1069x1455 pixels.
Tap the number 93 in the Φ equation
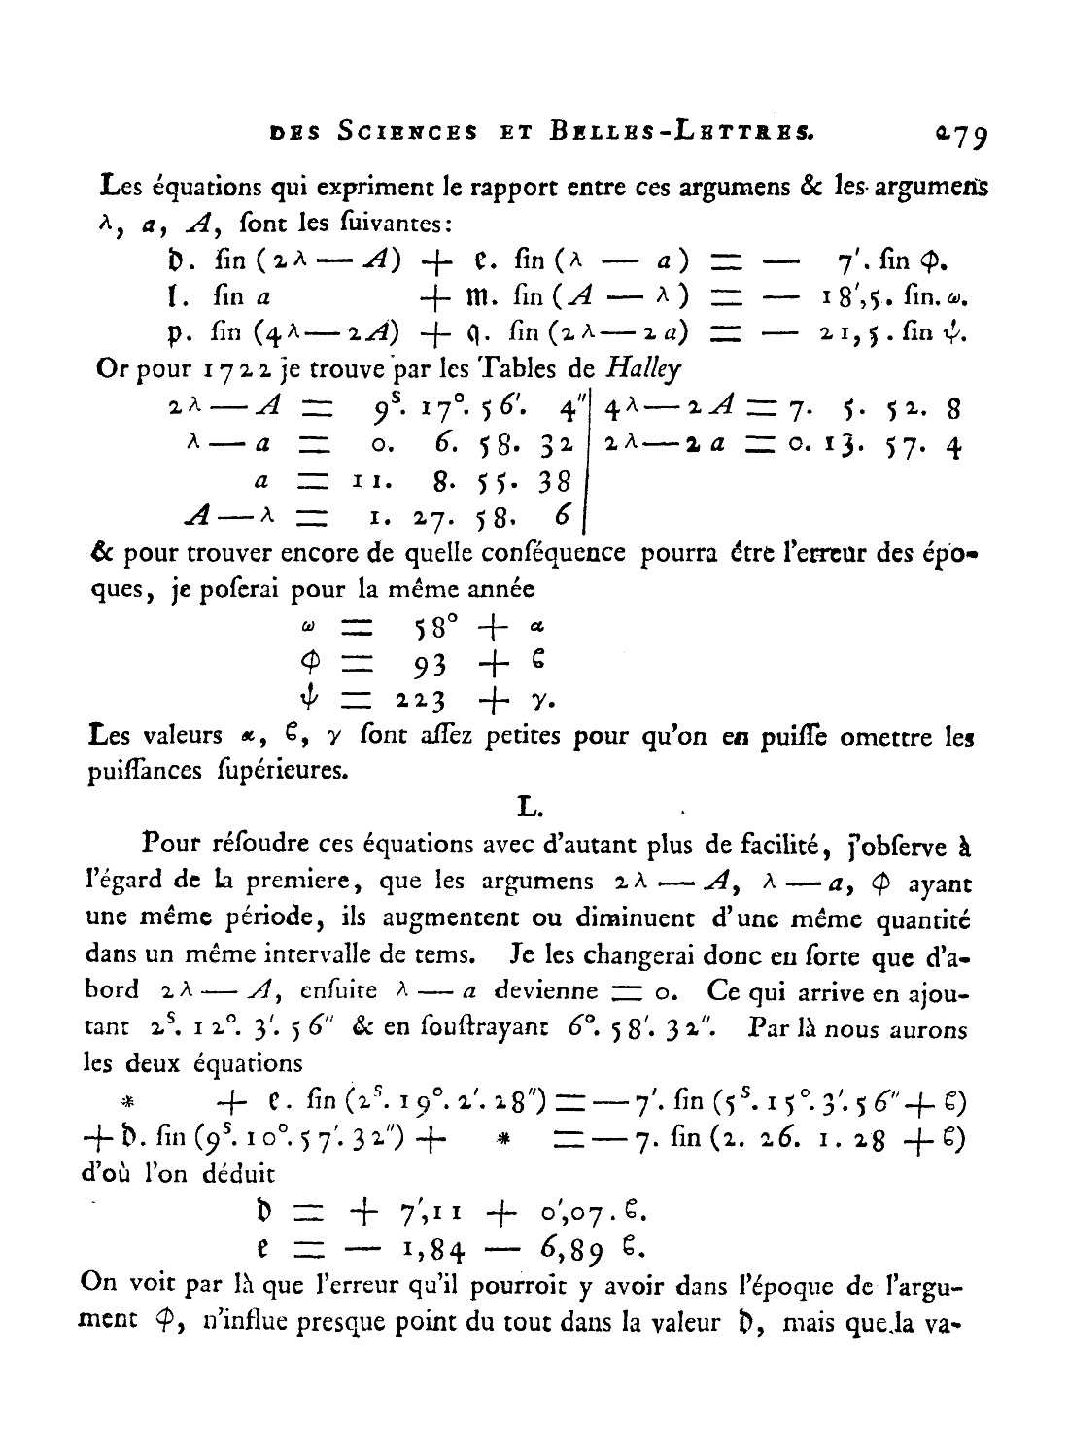[x=429, y=665]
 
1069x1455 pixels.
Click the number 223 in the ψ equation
[x=419, y=700]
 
